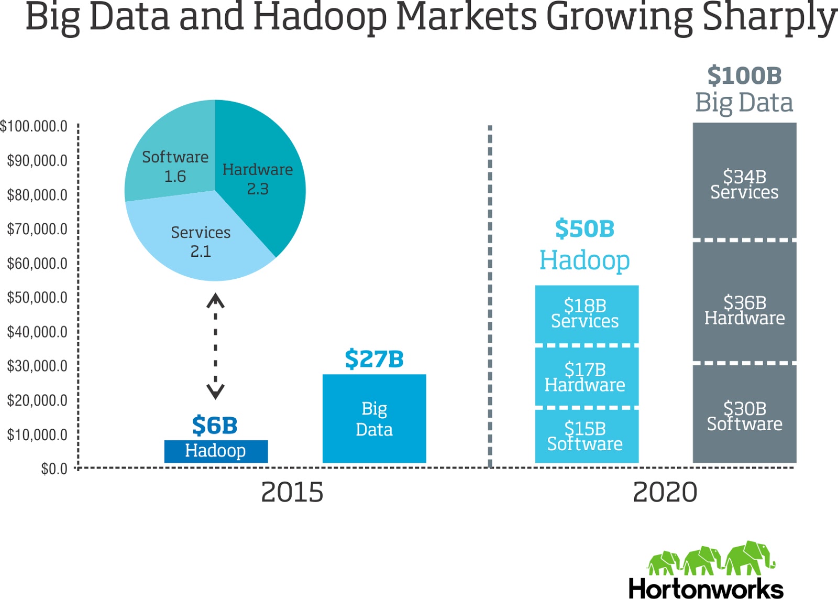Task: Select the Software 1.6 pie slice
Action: point(174,166)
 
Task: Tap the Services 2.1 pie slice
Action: point(201,241)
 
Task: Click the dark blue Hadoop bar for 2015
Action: point(216,451)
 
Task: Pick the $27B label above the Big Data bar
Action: point(374,360)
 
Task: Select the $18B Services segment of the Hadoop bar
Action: point(586,313)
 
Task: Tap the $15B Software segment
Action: point(586,436)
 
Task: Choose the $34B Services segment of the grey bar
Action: point(744,184)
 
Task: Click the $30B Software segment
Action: point(744,416)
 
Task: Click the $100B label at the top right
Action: point(744,76)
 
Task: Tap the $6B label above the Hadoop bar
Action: point(215,426)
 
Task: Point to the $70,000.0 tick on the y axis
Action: point(37,229)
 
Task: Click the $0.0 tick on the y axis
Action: point(54,469)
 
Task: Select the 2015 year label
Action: point(292,493)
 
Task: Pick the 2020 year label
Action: point(665,493)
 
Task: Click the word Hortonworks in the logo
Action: point(705,588)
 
